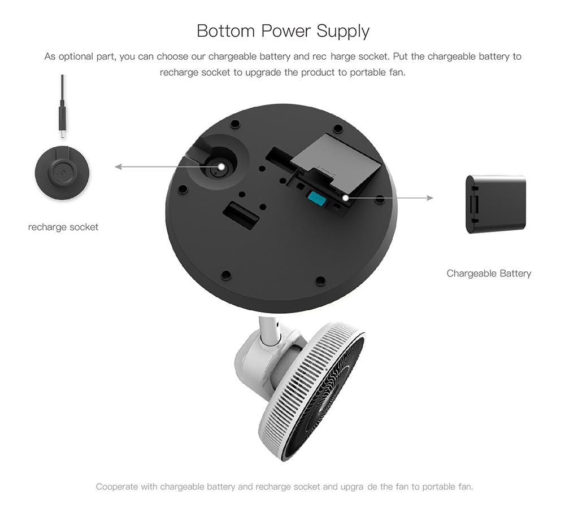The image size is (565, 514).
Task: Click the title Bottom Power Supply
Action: [283, 31]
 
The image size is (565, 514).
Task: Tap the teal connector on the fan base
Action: [316, 199]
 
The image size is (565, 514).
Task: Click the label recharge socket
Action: [63, 227]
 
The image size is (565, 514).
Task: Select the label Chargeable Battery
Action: [489, 274]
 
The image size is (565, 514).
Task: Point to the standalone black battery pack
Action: [496, 204]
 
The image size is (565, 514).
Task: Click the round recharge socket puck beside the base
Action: [62, 173]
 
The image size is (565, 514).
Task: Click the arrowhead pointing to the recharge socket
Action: [118, 166]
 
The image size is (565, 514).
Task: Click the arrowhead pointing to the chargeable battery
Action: [430, 197]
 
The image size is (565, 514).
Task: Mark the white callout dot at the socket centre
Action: [221, 166]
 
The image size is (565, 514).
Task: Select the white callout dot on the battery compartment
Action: [346, 197]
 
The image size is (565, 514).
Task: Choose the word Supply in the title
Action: [343, 32]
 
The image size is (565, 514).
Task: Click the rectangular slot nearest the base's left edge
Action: [241, 215]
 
